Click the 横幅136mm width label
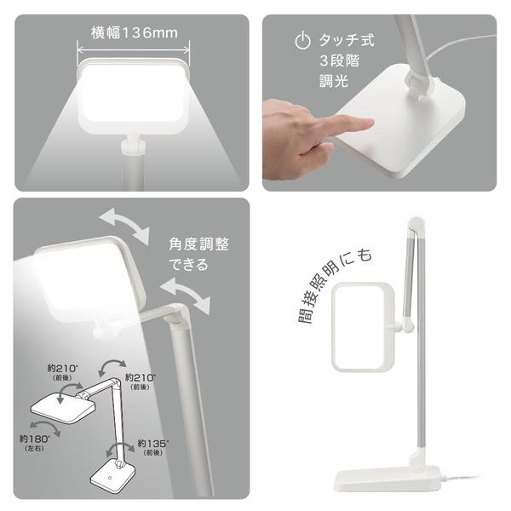click(x=135, y=33)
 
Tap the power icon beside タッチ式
click(x=302, y=40)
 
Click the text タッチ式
click(x=347, y=40)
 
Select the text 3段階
click(x=339, y=60)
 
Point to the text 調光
click(x=333, y=81)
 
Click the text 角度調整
click(x=198, y=244)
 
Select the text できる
click(x=188, y=264)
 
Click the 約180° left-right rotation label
click(x=35, y=442)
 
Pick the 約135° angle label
click(x=153, y=447)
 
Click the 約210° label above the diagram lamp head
click(x=62, y=372)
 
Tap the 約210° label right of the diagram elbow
click(x=141, y=382)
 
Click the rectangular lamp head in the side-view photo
click(x=363, y=327)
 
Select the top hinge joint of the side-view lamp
click(x=416, y=225)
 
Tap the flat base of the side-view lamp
click(x=388, y=479)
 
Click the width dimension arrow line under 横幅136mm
click(x=134, y=50)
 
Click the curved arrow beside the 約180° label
click(x=45, y=428)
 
